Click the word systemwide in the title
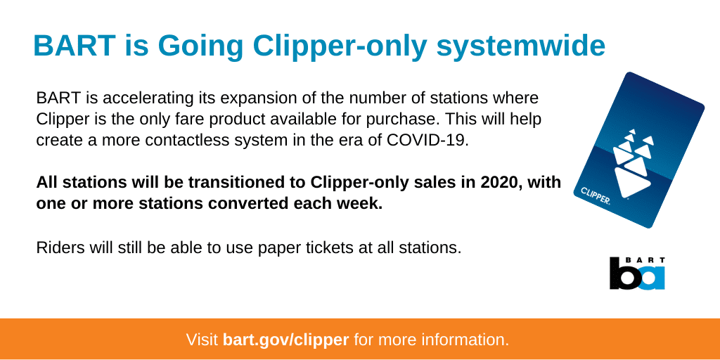(521, 46)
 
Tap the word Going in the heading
(200, 46)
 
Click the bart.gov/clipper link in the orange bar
(285, 340)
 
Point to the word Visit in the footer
(202, 340)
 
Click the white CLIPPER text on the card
(595, 196)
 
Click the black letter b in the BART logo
(624, 274)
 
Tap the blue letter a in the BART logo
(651, 278)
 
